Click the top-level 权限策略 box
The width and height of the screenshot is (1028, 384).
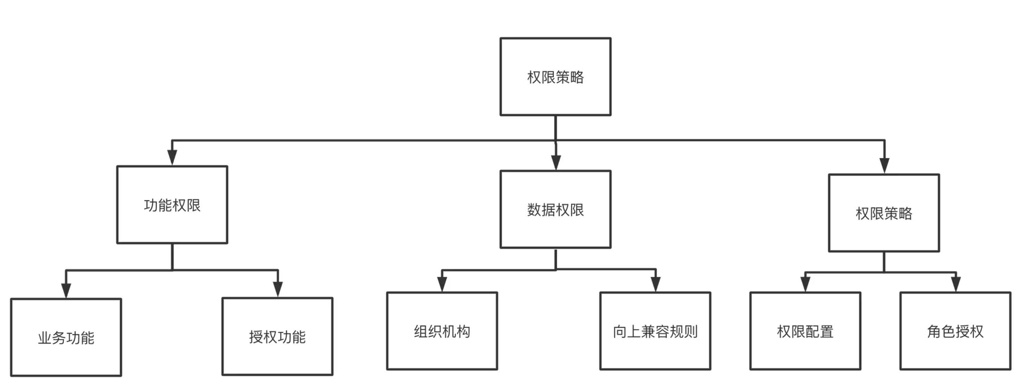[x=555, y=77]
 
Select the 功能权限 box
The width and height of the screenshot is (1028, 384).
[x=172, y=204]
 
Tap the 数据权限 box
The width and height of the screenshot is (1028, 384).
[x=555, y=209]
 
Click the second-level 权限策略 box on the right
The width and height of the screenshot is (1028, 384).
[x=884, y=213]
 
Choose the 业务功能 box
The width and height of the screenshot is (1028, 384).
[x=66, y=337]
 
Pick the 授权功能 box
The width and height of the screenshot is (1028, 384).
[x=277, y=337]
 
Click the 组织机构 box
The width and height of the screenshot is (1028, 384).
[x=442, y=331]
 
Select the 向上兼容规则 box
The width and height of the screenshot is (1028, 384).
[x=655, y=331]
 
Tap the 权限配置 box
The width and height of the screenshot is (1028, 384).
[x=805, y=331]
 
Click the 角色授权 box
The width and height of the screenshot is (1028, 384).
[x=955, y=331]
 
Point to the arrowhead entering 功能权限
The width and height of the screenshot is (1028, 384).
[x=172, y=158]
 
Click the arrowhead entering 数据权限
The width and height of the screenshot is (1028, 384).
[x=555, y=163]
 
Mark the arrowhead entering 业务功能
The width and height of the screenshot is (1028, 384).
[x=66, y=290]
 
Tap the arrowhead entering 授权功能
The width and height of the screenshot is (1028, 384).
[x=278, y=289]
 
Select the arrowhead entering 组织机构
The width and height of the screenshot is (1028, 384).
[x=442, y=284]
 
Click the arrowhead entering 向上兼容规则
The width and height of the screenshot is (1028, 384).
[x=655, y=284]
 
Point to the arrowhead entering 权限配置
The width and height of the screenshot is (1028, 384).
[x=805, y=284]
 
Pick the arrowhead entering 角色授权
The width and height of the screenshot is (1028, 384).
[x=955, y=284]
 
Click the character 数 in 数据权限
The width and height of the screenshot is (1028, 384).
[x=534, y=210]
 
